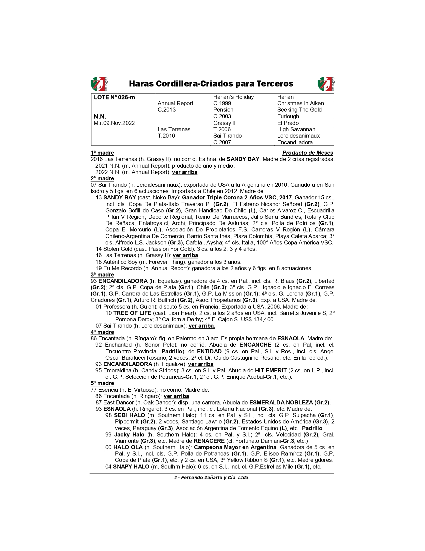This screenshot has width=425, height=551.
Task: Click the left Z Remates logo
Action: (x=99, y=84)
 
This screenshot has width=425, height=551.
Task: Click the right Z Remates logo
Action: (x=326, y=84)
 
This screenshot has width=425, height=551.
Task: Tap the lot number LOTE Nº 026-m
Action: (x=114, y=97)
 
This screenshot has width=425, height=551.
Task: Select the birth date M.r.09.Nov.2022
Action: (x=114, y=123)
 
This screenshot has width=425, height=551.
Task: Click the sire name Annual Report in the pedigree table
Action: (x=175, y=103)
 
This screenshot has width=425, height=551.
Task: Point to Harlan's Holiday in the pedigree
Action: (x=233, y=97)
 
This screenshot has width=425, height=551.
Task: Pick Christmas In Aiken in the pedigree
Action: (x=300, y=103)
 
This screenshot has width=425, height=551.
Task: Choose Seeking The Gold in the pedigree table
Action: (x=299, y=110)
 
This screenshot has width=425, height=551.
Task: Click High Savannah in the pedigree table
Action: (x=296, y=129)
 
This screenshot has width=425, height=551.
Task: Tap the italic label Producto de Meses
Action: (x=308, y=153)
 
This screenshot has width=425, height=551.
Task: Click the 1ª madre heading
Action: (x=102, y=153)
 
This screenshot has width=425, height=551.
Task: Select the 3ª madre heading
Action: (x=102, y=274)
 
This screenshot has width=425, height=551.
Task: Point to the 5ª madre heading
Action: (x=102, y=383)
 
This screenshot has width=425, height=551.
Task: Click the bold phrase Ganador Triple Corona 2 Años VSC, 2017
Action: (x=237, y=197)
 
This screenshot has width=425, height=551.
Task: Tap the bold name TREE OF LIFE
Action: (x=132, y=313)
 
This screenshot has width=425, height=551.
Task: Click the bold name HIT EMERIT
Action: (x=271, y=370)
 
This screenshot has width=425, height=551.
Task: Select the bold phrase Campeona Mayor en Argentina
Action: (x=235, y=447)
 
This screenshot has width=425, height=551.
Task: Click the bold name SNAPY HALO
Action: (x=131, y=467)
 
